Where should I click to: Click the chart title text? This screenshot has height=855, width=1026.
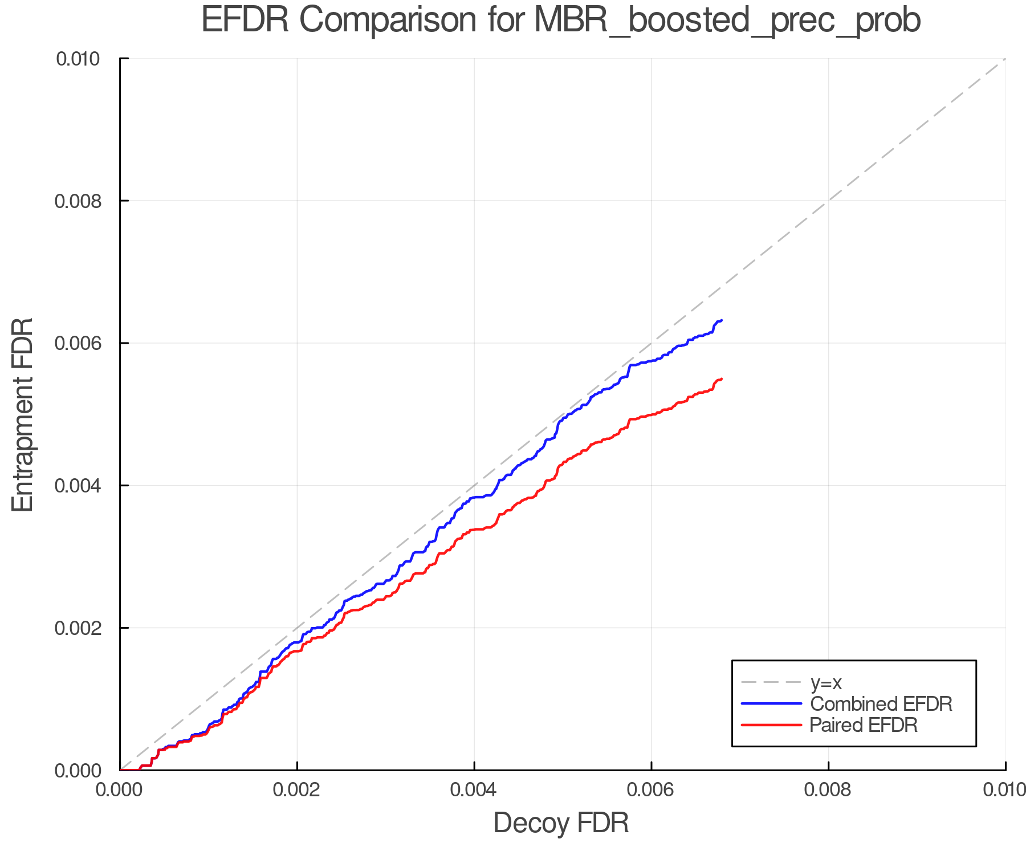click(561, 21)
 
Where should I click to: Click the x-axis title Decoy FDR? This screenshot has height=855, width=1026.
click(561, 823)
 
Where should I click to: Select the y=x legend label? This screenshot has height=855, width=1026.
click(826, 682)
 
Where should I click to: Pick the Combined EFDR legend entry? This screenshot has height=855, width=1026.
click(881, 704)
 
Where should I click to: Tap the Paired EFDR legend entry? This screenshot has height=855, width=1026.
click(864, 725)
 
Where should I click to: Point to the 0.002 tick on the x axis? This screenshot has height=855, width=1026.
click(297, 789)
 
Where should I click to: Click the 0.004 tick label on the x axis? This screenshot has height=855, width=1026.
click(474, 789)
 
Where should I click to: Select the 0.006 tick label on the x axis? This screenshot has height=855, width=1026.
click(651, 789)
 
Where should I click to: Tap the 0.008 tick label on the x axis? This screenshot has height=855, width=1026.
click(828, 789)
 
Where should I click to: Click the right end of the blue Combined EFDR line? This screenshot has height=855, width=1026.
click(722, 320)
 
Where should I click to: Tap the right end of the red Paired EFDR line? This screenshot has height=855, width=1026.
click(722, 379)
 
